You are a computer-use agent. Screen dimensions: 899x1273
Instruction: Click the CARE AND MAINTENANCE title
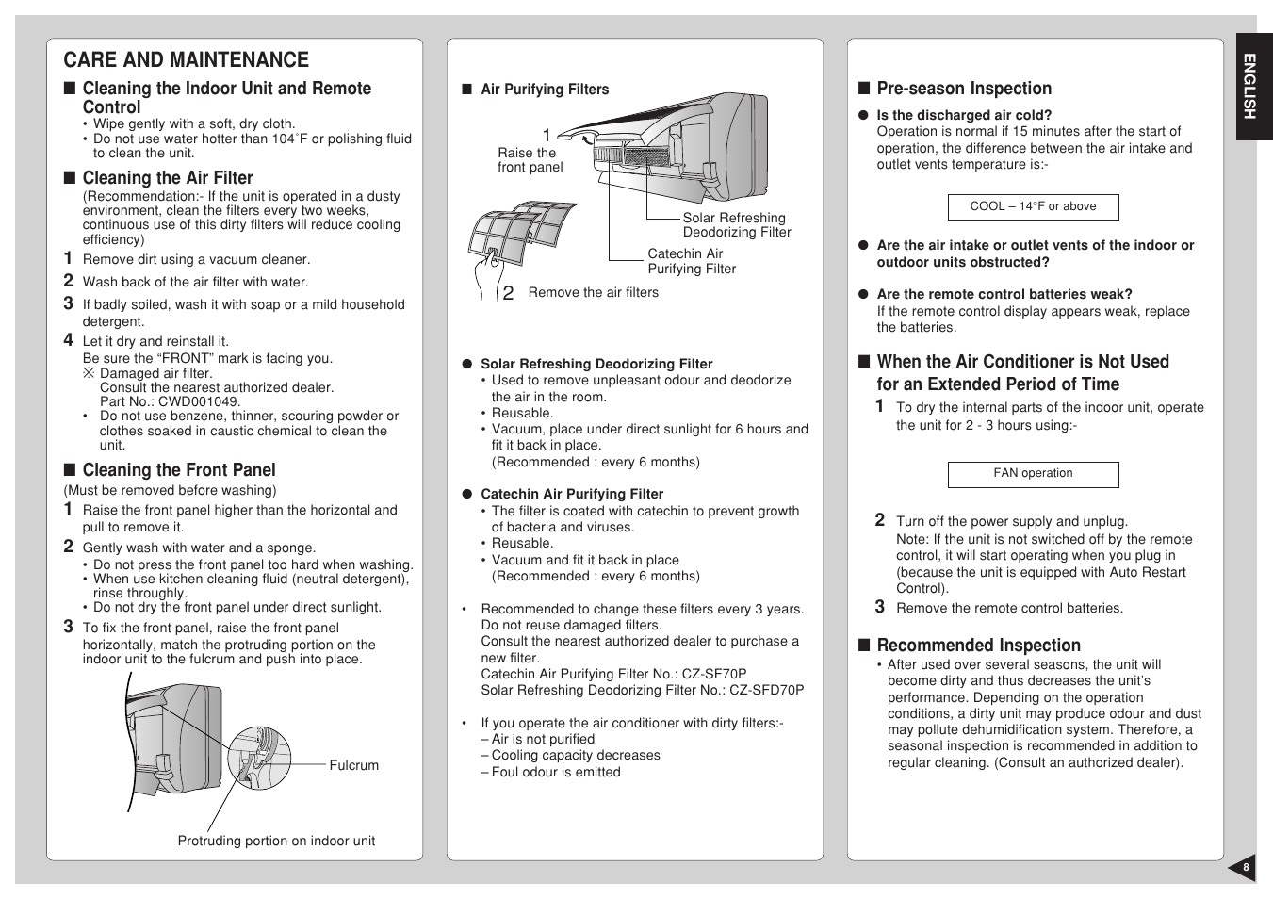point(186,60)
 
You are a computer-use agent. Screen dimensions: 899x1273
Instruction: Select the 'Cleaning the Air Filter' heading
point(167,178)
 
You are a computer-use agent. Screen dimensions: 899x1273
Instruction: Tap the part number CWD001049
point(199,401)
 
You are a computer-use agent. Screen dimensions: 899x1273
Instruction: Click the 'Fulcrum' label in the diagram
point(353,766)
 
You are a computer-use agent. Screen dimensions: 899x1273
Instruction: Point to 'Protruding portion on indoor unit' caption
point(276,842)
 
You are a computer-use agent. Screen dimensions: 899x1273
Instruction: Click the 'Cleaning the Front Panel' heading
point(178,470)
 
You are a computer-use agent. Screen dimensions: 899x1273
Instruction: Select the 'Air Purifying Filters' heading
point(545,90)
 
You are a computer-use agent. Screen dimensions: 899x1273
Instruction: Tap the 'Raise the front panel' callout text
point(530,160)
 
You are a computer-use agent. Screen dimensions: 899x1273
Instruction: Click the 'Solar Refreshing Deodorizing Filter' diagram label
point(736,225)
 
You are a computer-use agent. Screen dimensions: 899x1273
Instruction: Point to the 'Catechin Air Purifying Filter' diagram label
point(691,261)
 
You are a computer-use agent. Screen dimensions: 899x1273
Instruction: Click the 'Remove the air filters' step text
point(593,293)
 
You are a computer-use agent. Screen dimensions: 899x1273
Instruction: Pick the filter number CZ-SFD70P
point(766,690)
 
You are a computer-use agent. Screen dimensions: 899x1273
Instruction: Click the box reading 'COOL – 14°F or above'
point(1033,206)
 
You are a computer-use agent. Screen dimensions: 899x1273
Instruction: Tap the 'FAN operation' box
point(1033,474)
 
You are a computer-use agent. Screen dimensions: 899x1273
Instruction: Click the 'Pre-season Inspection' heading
point(963,89)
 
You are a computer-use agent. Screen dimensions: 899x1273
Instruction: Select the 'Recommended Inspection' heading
point(978,646)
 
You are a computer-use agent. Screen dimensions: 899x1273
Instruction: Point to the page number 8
point(1245,868)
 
